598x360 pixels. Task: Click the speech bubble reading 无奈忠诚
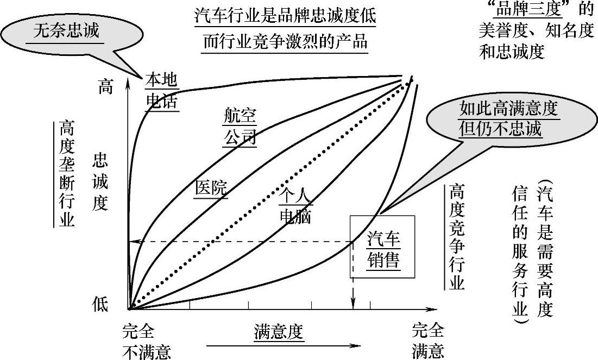(67, 31)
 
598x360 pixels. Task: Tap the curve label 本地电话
(161, 91)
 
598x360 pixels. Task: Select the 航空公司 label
(240, 127)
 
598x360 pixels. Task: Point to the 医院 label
(211, 187)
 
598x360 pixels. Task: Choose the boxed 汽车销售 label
(383, 250)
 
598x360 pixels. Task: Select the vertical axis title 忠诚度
(100, 181)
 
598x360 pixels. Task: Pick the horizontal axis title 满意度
(278, 331)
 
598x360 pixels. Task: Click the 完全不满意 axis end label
(147, 341)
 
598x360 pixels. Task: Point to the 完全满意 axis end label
(427, 341)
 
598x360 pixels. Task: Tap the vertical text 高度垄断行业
(67, 173)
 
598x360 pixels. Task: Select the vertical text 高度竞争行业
(457, 237)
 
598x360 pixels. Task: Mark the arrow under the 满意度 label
(282, 345)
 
